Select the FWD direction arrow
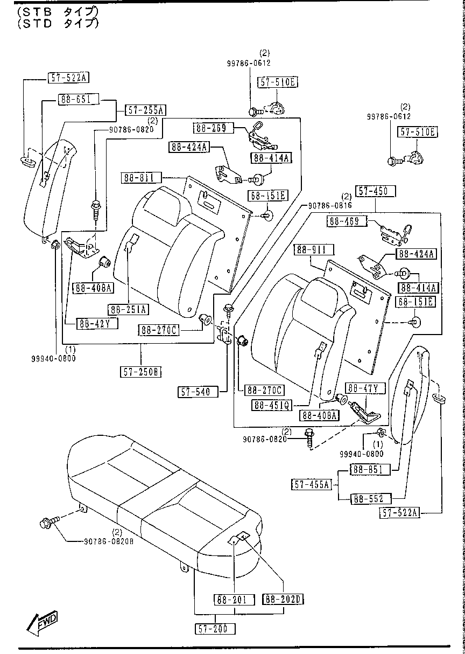click(x=43, y=622)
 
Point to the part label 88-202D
click(x=283, y=599)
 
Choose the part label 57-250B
click(x=141, y=372)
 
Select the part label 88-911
click(x=314, y=249)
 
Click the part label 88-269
click(x=212, y=128)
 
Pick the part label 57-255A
click(x=145, y=110)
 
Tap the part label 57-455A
click(x=312, y=484)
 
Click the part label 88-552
click(x=370, y=499)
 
